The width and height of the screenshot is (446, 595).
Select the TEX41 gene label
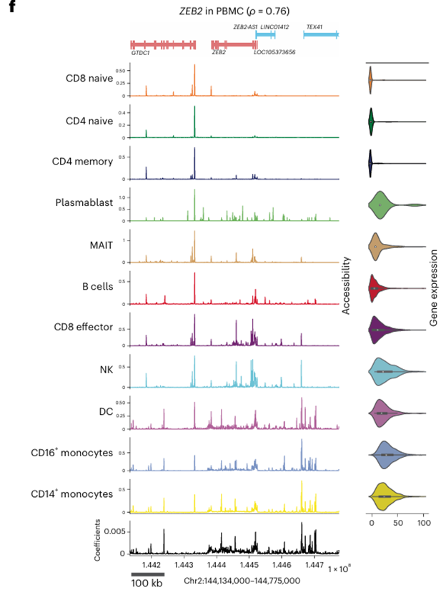pos(314,26)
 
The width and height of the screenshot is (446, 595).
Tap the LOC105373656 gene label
pos(274,52)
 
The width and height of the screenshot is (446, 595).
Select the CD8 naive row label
pos(89,79)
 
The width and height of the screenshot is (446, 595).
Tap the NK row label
pos(105,369)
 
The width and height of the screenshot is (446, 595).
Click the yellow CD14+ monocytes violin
pos(385,496)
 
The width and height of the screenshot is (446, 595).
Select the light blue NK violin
pos(388,372)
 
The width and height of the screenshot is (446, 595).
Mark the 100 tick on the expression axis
pos(424,523)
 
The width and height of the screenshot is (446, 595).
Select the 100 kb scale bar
pos(147,574)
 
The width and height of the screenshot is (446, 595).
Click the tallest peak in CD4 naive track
pos(194,109)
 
